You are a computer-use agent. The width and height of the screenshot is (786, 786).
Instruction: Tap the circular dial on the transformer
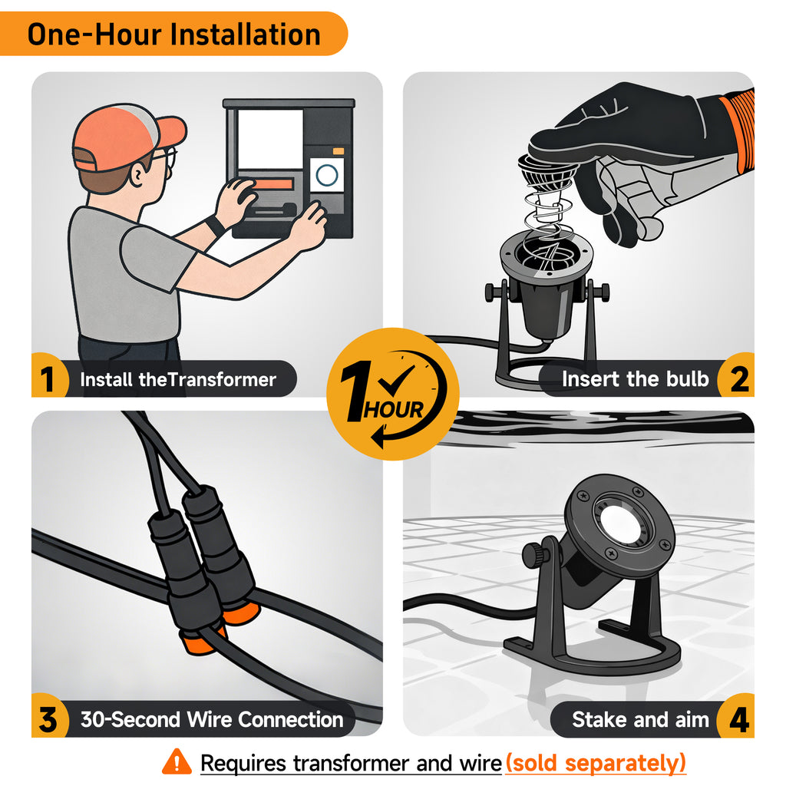(327, 175)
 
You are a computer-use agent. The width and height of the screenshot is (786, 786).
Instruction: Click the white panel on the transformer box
(270, 139)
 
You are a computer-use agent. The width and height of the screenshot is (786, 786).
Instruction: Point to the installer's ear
(137, 175)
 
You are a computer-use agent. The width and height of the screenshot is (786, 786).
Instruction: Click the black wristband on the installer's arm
(215, 226)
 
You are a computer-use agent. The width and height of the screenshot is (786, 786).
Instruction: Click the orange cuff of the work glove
(738, 130)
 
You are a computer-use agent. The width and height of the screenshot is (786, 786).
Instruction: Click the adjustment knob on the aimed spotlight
(534, 555)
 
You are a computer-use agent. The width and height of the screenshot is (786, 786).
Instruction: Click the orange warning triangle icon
(177, 762)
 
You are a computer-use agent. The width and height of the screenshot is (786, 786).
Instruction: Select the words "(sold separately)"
(596, 763)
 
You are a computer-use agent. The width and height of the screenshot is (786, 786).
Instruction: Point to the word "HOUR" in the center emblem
(394, 410)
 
